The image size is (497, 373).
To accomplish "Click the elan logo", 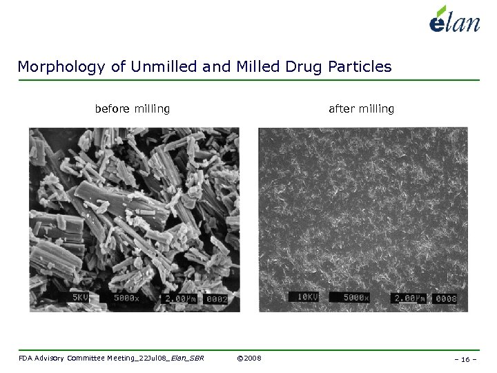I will (454, 20).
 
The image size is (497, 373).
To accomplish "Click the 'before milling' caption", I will (132, 108).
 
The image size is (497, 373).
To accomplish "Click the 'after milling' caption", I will (361, 108).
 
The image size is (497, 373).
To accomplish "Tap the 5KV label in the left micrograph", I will (81, 298).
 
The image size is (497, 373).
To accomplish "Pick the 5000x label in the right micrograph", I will (355, 298).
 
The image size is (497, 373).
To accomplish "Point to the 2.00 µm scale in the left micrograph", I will (179, 298).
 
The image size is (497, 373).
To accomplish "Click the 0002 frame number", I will (217, 299).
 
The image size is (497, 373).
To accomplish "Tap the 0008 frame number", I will (446, 298).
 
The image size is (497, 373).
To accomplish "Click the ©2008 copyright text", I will (248, 358).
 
